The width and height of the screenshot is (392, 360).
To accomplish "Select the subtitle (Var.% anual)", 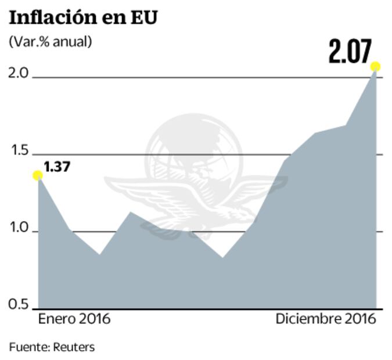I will point(50,41).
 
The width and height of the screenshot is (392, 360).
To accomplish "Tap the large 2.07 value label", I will point(349,52).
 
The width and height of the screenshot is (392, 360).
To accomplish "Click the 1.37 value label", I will point(57,167).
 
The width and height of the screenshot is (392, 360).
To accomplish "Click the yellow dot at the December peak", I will point(376,66).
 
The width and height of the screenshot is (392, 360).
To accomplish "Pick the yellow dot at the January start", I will point(38,175).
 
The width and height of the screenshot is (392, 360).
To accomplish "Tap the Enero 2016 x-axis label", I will point(74,319).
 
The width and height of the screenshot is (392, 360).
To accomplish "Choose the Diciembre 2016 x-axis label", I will point(326,319).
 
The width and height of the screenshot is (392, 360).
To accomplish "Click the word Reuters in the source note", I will point(74,347).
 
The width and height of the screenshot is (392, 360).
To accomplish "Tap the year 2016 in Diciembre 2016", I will point(359,319).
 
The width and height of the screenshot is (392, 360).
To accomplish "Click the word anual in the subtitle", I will point(73,41).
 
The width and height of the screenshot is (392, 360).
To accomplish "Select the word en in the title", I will point(114,18).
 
